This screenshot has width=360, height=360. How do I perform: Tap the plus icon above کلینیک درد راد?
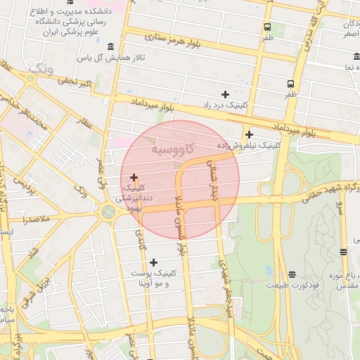(x=225, y=94)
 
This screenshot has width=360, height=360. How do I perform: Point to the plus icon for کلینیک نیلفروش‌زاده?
(x=249, y=134)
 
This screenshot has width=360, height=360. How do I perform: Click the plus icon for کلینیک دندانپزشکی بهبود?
(x=134, y=177)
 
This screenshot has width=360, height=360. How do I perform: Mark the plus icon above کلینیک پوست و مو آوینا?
(x=154, y=262)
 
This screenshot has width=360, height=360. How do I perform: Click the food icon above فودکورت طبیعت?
(x=292, y=274)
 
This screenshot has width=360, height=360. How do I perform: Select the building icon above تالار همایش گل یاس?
(x=111, y=46)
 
